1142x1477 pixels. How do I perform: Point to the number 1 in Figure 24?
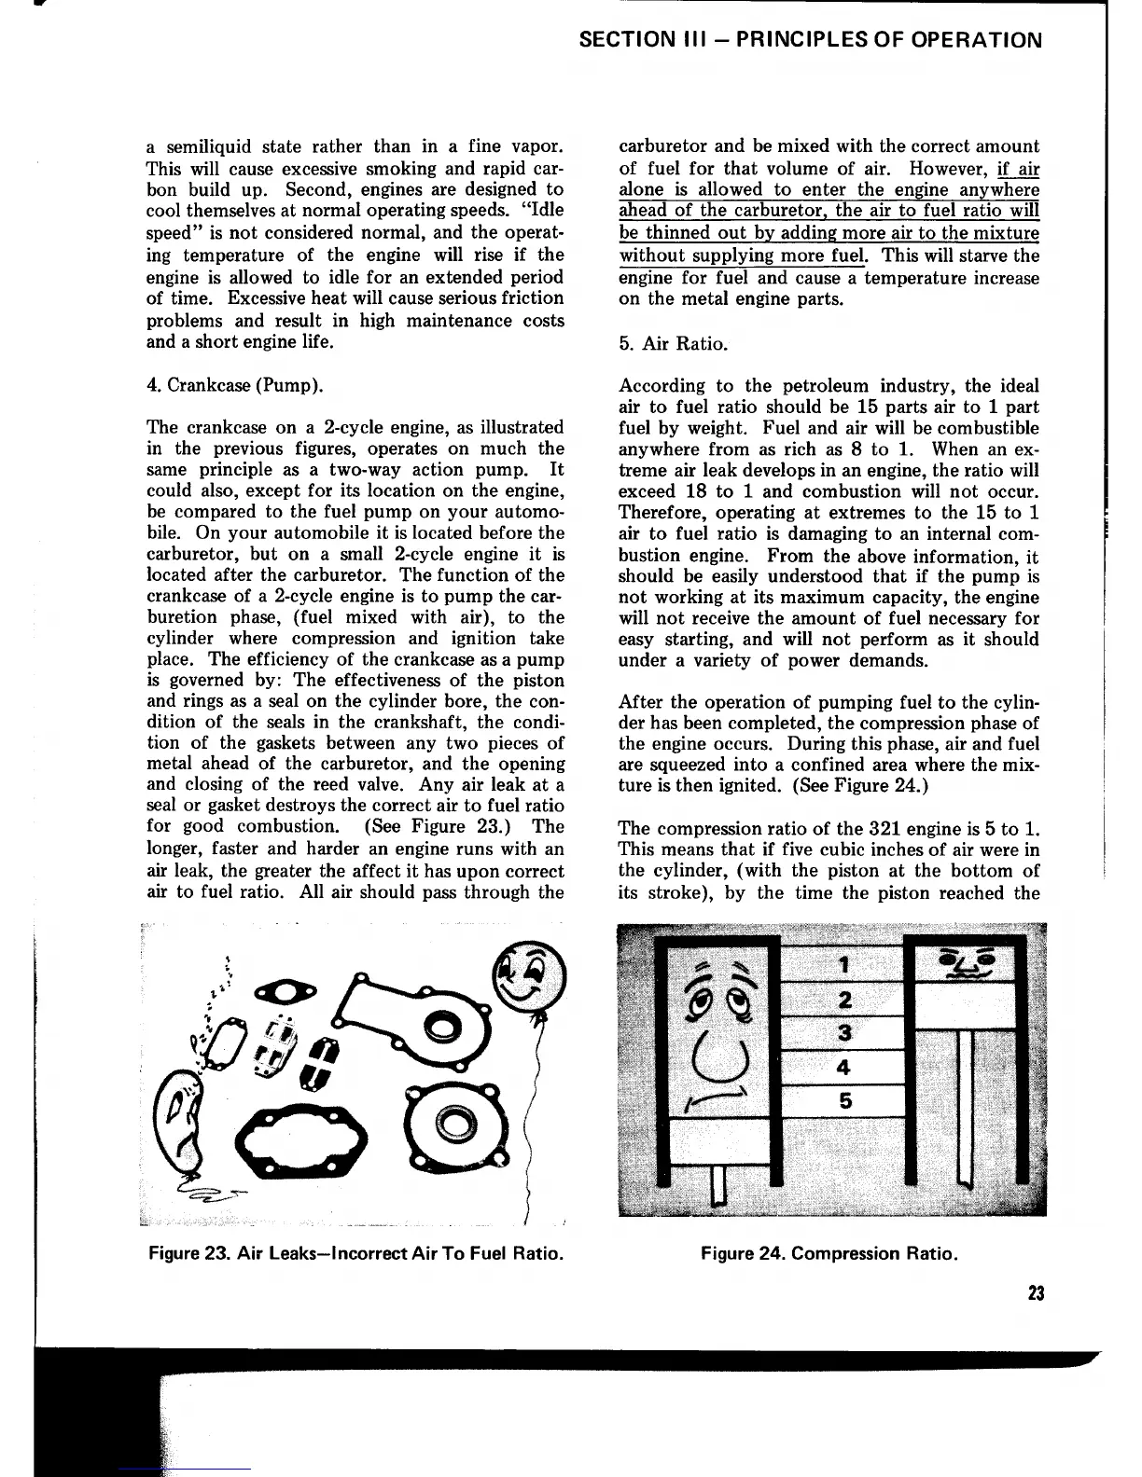click(x=844, y=963)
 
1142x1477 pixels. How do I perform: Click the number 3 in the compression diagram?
click(x=844, y=1032)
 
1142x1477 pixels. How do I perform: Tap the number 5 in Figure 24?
click(x=844, y=1101)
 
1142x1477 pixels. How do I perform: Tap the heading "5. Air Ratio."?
click(x=672, y=343)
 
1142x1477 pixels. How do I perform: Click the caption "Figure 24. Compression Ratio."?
click(x=829, y=1253)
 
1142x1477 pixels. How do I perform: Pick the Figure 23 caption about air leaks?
click(x=355, y=1253)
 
